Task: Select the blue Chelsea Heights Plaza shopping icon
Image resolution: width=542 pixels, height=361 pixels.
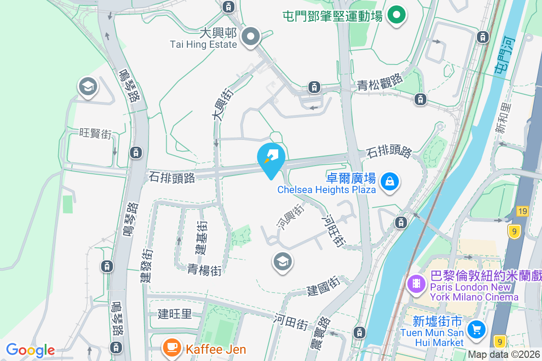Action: point(389,182)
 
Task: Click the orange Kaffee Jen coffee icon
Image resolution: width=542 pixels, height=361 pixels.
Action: point(171,347)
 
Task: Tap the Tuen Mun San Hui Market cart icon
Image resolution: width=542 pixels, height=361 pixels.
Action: point(476,329)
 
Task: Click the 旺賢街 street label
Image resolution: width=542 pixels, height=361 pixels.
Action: point(95,133)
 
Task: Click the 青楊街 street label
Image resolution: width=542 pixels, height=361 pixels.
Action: point(205,270)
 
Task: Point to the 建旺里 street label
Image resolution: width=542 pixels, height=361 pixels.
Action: point(175,314)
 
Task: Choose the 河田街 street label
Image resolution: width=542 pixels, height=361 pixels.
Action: point(291,321)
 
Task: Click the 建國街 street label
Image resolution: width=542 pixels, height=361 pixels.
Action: point(323,286)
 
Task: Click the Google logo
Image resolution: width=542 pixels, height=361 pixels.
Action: point(30,350)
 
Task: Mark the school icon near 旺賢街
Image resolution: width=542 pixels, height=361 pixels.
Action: point(88,86)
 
